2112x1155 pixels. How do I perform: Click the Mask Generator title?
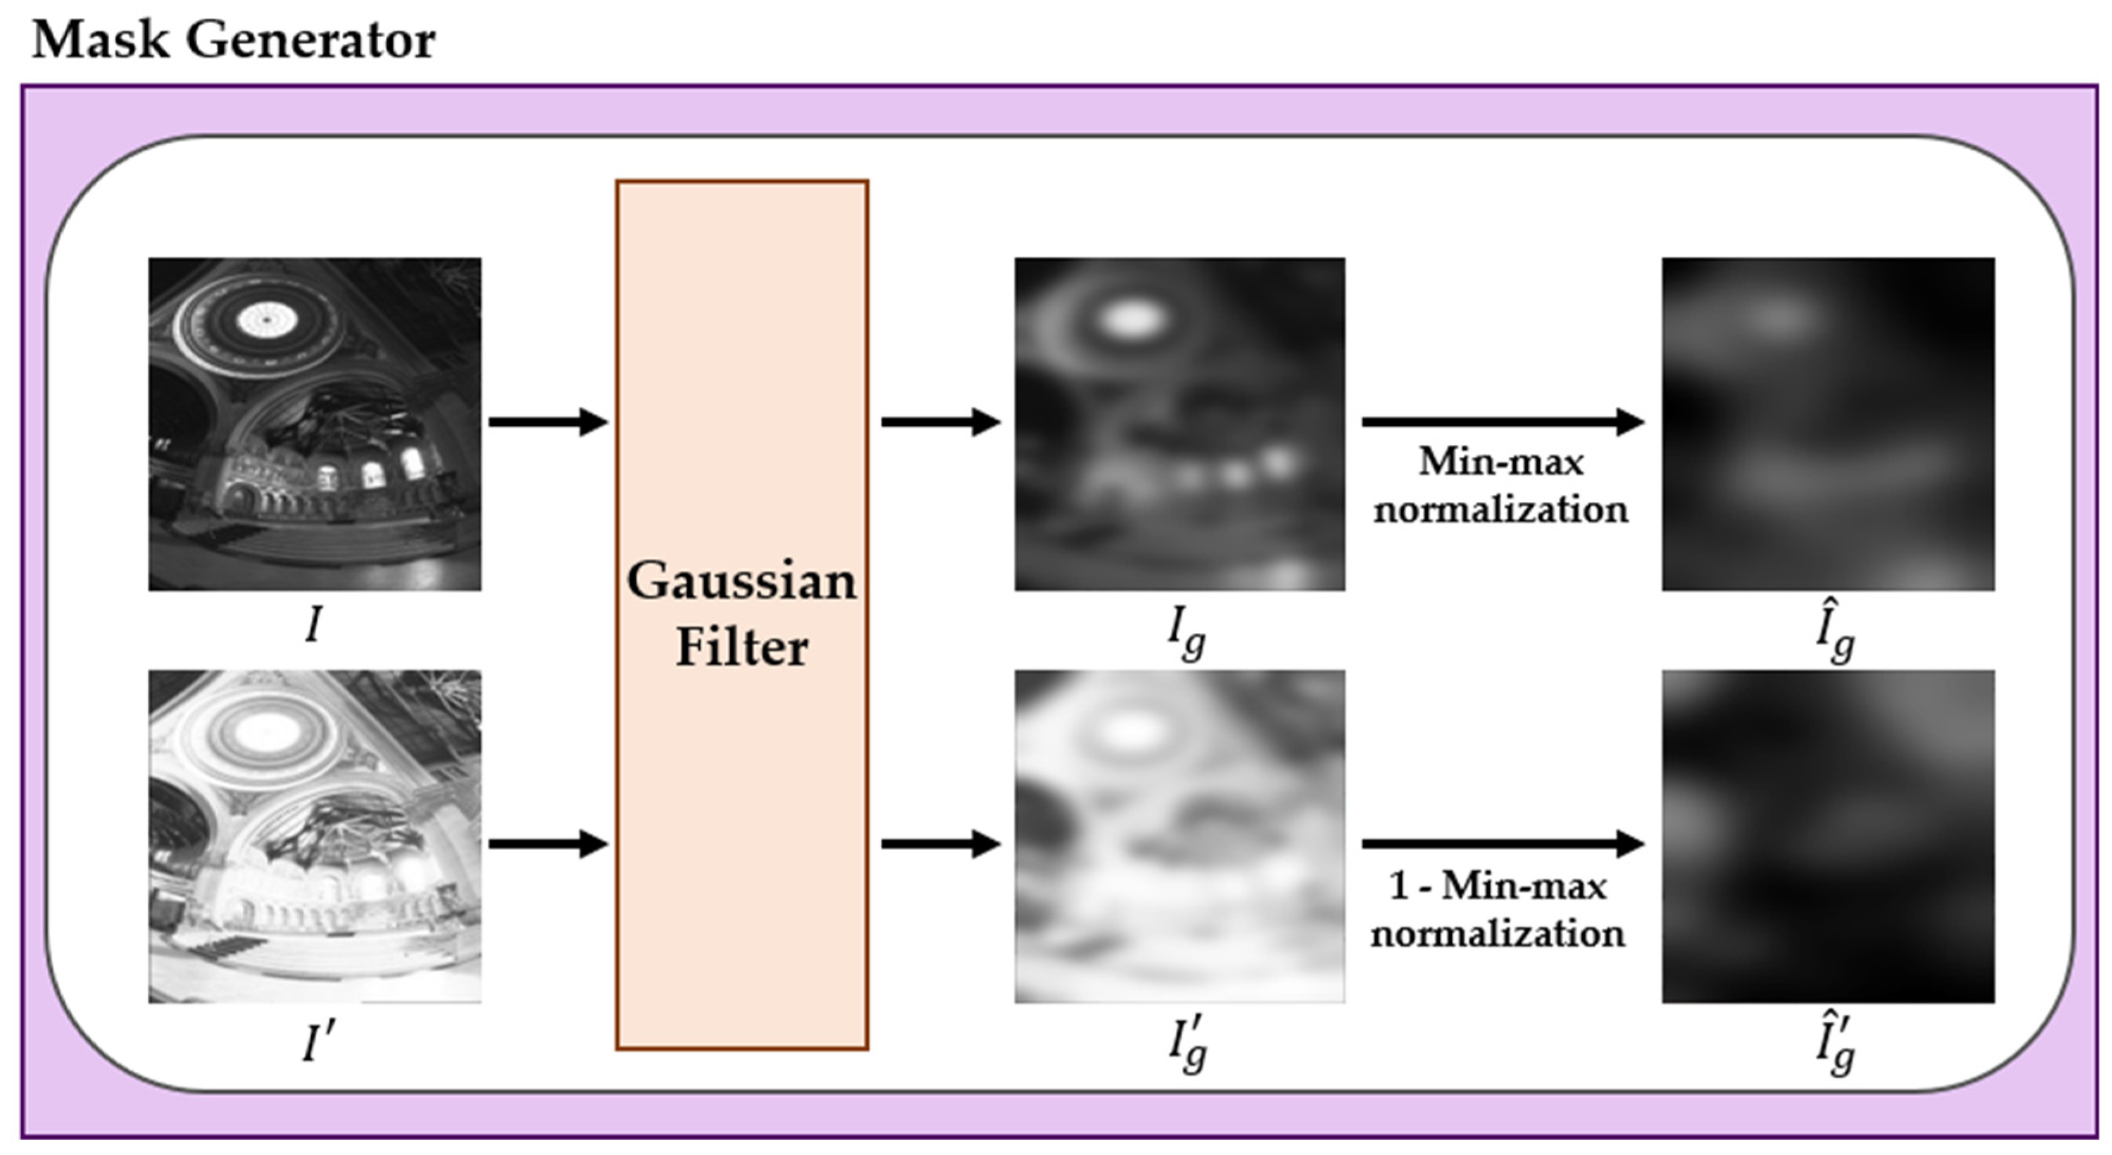234,39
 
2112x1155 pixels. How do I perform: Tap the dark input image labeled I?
315,424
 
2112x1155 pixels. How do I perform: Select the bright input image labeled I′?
315,836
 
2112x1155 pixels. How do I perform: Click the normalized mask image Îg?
1828,424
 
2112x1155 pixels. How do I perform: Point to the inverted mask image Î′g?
1828,836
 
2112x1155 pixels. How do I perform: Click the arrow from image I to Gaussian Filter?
548,422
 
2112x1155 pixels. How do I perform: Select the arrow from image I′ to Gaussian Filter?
548,843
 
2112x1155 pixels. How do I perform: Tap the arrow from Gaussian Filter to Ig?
940,422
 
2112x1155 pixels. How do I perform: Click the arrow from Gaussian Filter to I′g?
940,843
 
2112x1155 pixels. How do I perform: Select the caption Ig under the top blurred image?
1185,633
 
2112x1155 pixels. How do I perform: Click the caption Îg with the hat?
1835,633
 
